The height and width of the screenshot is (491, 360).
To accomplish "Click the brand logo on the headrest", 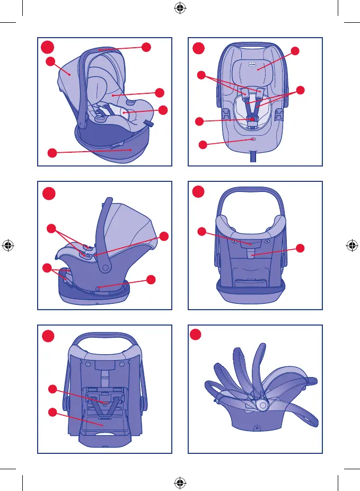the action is click(252, 63).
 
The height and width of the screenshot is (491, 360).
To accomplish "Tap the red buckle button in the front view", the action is click(253, 119).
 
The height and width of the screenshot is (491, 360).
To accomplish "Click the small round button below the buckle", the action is click(253, 139).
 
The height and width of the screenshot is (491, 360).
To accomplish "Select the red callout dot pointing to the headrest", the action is click(295, 51).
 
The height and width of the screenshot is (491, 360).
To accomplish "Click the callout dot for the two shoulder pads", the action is click(201, 75).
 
